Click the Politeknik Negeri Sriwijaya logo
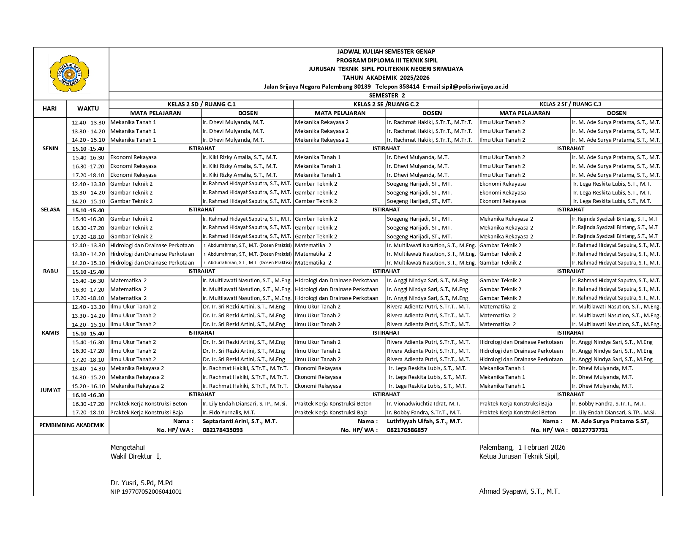point(69,73)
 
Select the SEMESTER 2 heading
point(386,95)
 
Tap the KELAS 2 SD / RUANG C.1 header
point(201,104)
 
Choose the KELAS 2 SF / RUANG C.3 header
point(570,104)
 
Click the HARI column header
point(50,108)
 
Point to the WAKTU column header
point(88,108)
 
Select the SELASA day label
point(50,210)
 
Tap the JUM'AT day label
point(50,390)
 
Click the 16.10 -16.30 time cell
point(88,395)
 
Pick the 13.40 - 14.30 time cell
point(88,368)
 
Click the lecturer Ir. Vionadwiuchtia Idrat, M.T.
point(424,404)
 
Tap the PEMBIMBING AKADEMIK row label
point(71,425)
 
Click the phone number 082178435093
point(223,430)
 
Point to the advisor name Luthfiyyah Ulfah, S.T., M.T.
point(425,421)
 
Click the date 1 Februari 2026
point(542,447)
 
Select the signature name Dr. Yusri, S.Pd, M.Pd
point(142,483)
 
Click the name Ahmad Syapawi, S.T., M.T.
point(519,491)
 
